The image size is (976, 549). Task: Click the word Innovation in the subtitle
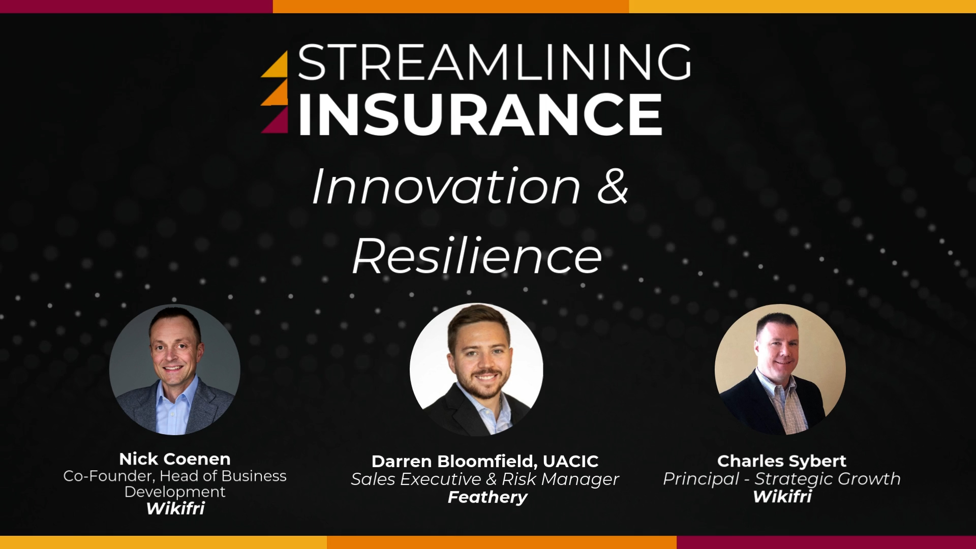point(446,187)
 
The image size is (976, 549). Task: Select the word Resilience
point(477,256)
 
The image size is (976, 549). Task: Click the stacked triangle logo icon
point(274,92)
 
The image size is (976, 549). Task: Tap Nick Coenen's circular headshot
point(175,370)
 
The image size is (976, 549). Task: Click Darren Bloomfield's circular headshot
point(476,370)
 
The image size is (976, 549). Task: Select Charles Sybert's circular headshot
point(780,370)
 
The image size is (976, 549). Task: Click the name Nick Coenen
point(175,459)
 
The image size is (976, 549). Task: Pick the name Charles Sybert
point(782,461)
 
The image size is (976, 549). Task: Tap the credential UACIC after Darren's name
point(571,462)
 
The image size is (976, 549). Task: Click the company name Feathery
point(487,497)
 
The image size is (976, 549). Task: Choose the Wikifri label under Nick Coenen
point(175,508)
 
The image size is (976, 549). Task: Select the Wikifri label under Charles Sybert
point(782,496)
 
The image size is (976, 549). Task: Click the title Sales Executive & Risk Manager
point(485,479)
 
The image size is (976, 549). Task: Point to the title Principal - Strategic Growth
point(782,479)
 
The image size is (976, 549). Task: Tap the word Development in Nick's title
point(175,492)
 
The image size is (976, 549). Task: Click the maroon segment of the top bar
point(136,6)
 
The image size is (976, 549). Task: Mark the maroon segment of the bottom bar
point(826,542)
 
